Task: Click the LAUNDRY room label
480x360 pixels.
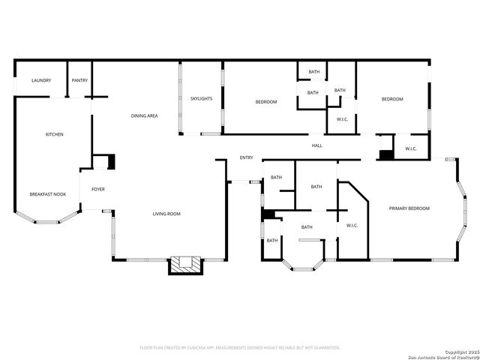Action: pos(40,80)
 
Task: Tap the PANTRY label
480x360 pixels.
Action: pos(79,80)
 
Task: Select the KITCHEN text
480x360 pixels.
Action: pos(54,134)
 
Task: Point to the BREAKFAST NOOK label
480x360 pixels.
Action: pos(48,194)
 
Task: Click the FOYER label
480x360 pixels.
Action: pos(98,189)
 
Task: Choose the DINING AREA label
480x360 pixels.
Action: pos(144,115)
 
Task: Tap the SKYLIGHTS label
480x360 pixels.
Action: pos(201,98)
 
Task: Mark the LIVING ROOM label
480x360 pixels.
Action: pos(166,214)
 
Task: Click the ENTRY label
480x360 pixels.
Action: pos(246,157)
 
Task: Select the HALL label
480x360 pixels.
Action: pos(317,145)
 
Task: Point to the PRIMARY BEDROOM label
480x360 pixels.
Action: pos(409,208)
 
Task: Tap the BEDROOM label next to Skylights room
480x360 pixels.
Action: pos(266,101)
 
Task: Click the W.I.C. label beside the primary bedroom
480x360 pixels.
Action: pos(352,226)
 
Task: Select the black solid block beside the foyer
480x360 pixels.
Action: pos(111,162)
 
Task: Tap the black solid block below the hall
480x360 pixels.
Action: pos(385,155)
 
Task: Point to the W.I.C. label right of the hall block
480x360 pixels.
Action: pos(411,148)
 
